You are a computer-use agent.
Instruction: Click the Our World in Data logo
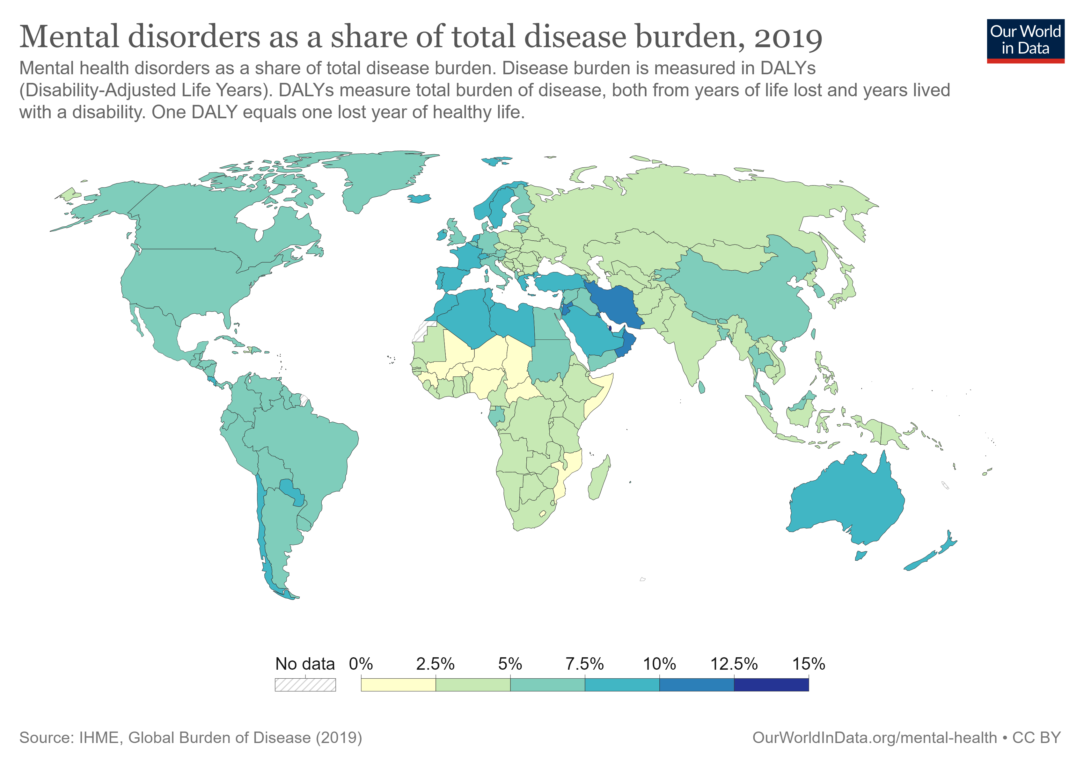pos(1025,40)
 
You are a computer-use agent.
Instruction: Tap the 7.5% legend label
pos(584,664)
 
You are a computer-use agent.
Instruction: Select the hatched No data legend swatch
pos(305,684)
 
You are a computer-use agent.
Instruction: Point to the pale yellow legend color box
pos(398,684)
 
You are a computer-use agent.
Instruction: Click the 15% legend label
pos(808,664)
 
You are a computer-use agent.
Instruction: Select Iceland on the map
pos(419,199)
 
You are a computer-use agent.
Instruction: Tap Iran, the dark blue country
pos(616,304)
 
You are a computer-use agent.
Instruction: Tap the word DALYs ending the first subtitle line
pos(787,69)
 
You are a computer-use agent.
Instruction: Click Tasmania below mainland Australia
pos(861,556)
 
